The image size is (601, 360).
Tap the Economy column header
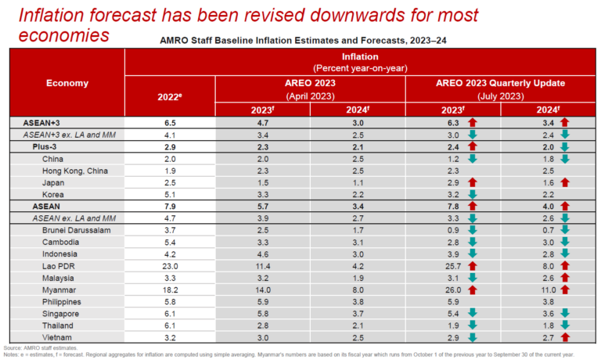[x=67, y=83]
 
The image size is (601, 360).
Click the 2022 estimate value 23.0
[x=170, y=265]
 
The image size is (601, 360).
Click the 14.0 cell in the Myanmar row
[x=264, y=289]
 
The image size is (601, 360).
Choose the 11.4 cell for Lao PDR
[x=264, y=265]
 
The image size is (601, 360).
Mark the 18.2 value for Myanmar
[x=170, y=289]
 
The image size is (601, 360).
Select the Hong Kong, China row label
[x=75, y=171]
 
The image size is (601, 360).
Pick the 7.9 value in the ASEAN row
[x=170, y=206]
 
